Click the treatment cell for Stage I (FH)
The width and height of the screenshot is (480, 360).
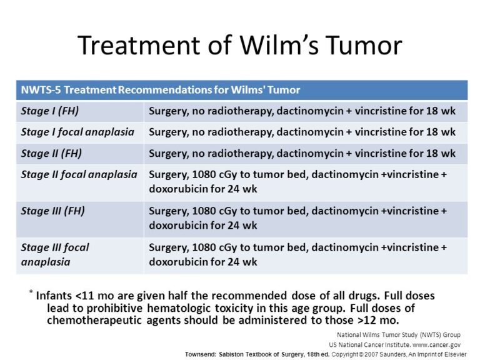pos(302,112)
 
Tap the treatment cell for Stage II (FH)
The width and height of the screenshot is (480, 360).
pos(302,153)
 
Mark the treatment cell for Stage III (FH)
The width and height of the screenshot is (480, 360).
pos(297,218)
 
